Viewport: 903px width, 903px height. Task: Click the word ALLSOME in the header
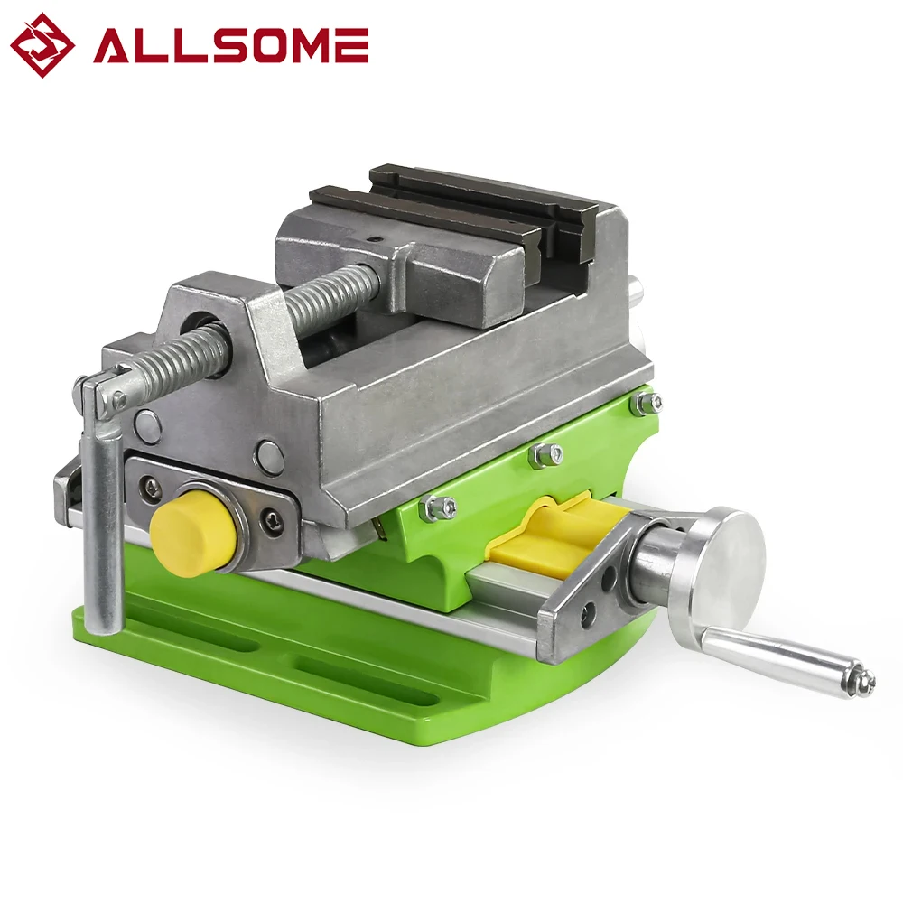pyautogui.click(x=230, y=45)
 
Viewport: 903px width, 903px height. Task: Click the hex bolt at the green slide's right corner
pyautogui.click(x=647, y=403)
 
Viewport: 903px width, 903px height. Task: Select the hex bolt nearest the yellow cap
pyautogui.click(x=439, y=507)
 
